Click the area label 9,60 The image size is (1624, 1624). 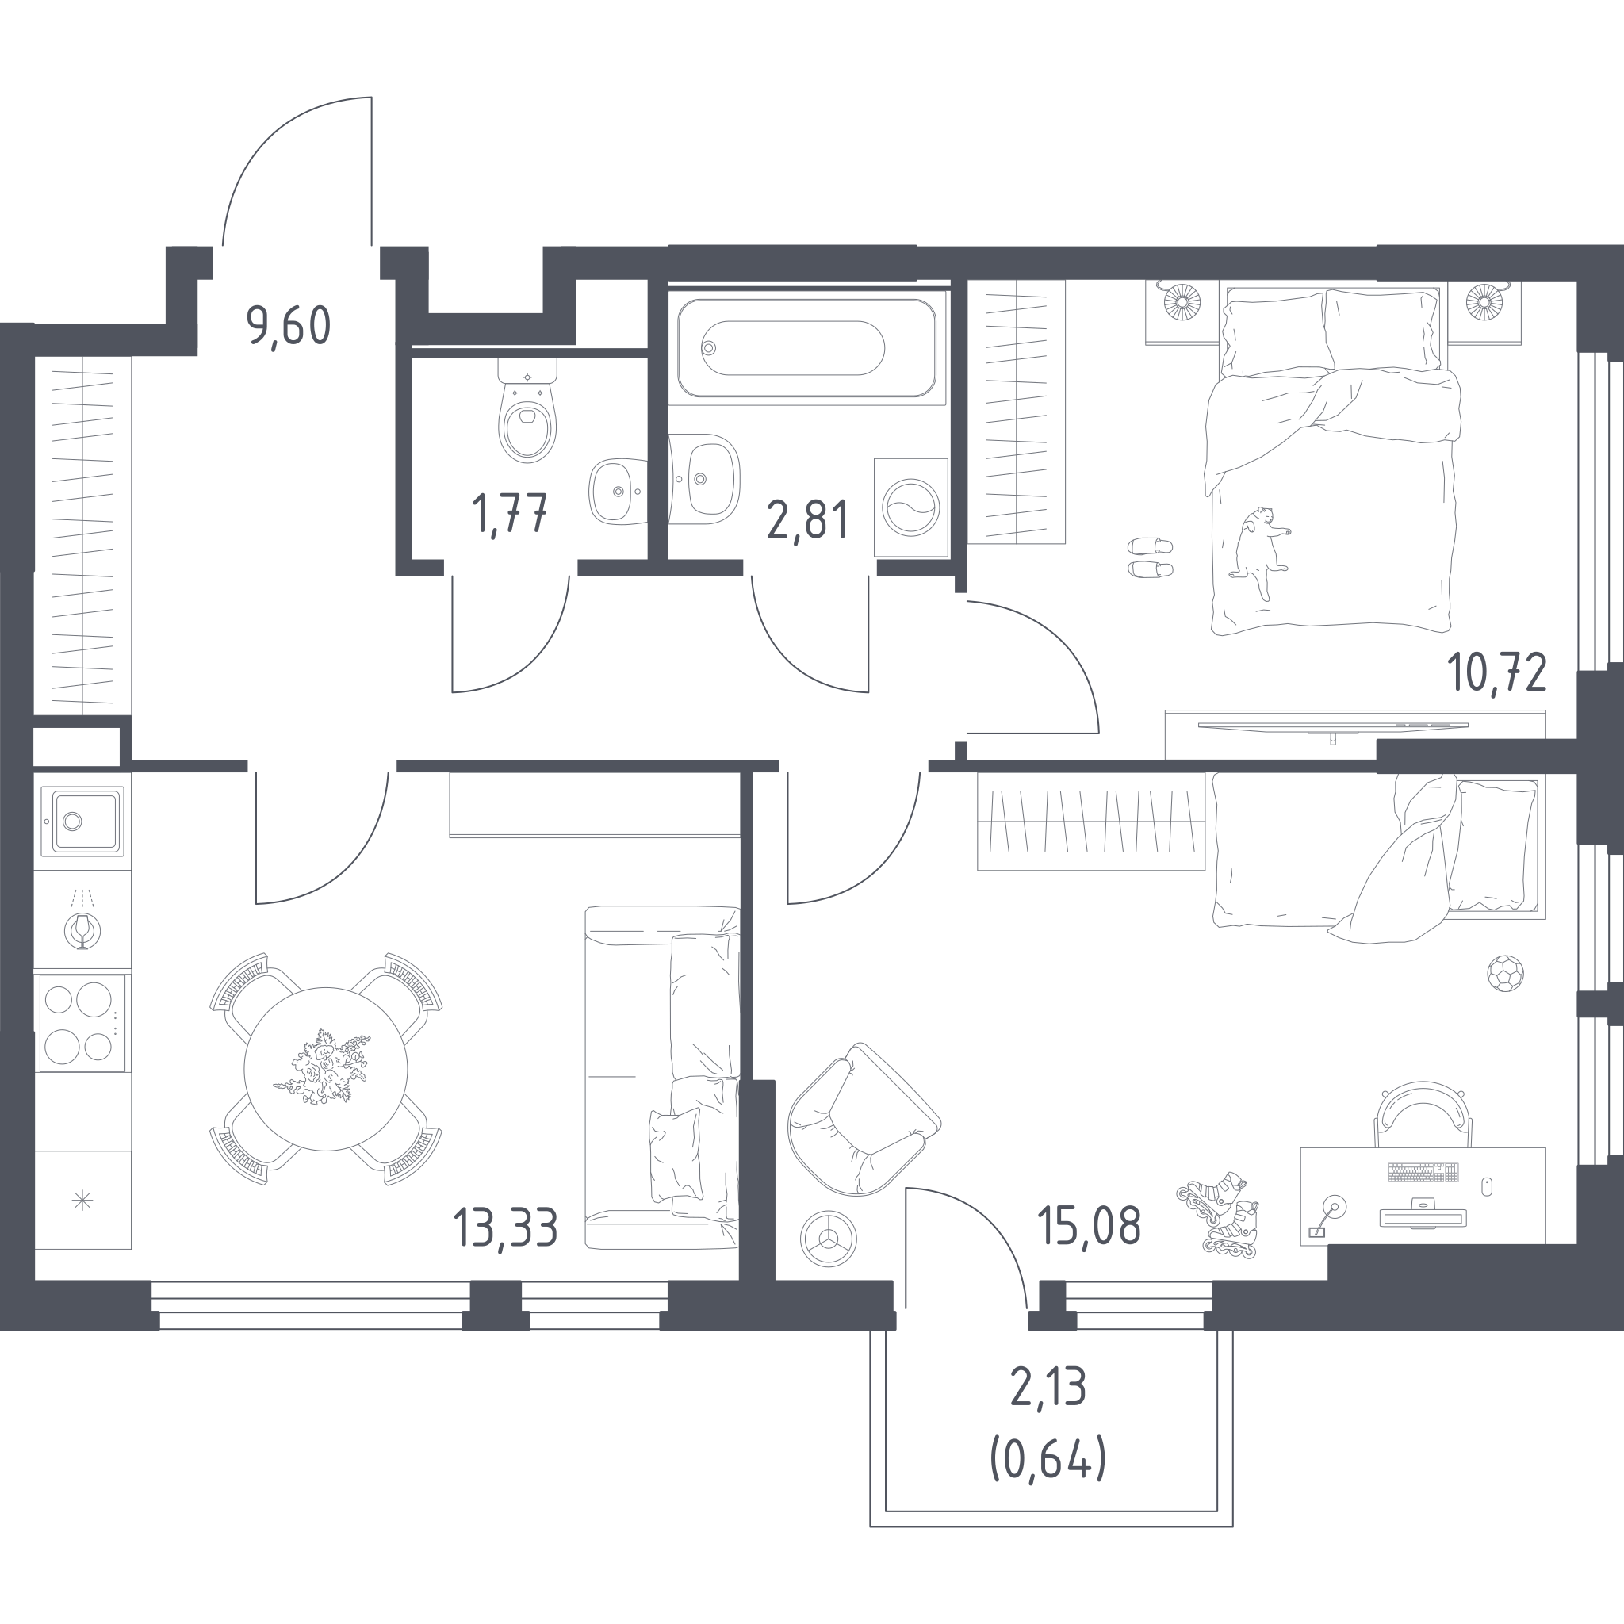pyautogui.click(x=289, y=327)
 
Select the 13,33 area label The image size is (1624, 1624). pyautogui.click(x=505, y=1228)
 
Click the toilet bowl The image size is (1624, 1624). pyautogui.click(x=527, y=411)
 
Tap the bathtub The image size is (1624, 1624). pyautogui.click(x=807, y=348)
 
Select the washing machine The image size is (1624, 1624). pyautogui.click(x=911, y=507)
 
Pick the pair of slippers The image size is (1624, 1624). pyautogui.click(x=1150, y=557)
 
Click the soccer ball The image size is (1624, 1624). pyautogui.click(x=1504, y=974)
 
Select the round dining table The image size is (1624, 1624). pyautogui.click(x=326, y=1069)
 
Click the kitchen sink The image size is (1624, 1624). pyautogui.click(x=82, y=821)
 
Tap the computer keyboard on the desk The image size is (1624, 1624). pyautogui.click(x=1423, y=1172)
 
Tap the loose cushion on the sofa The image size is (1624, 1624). pyautogui.click(x=675, y=1154)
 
